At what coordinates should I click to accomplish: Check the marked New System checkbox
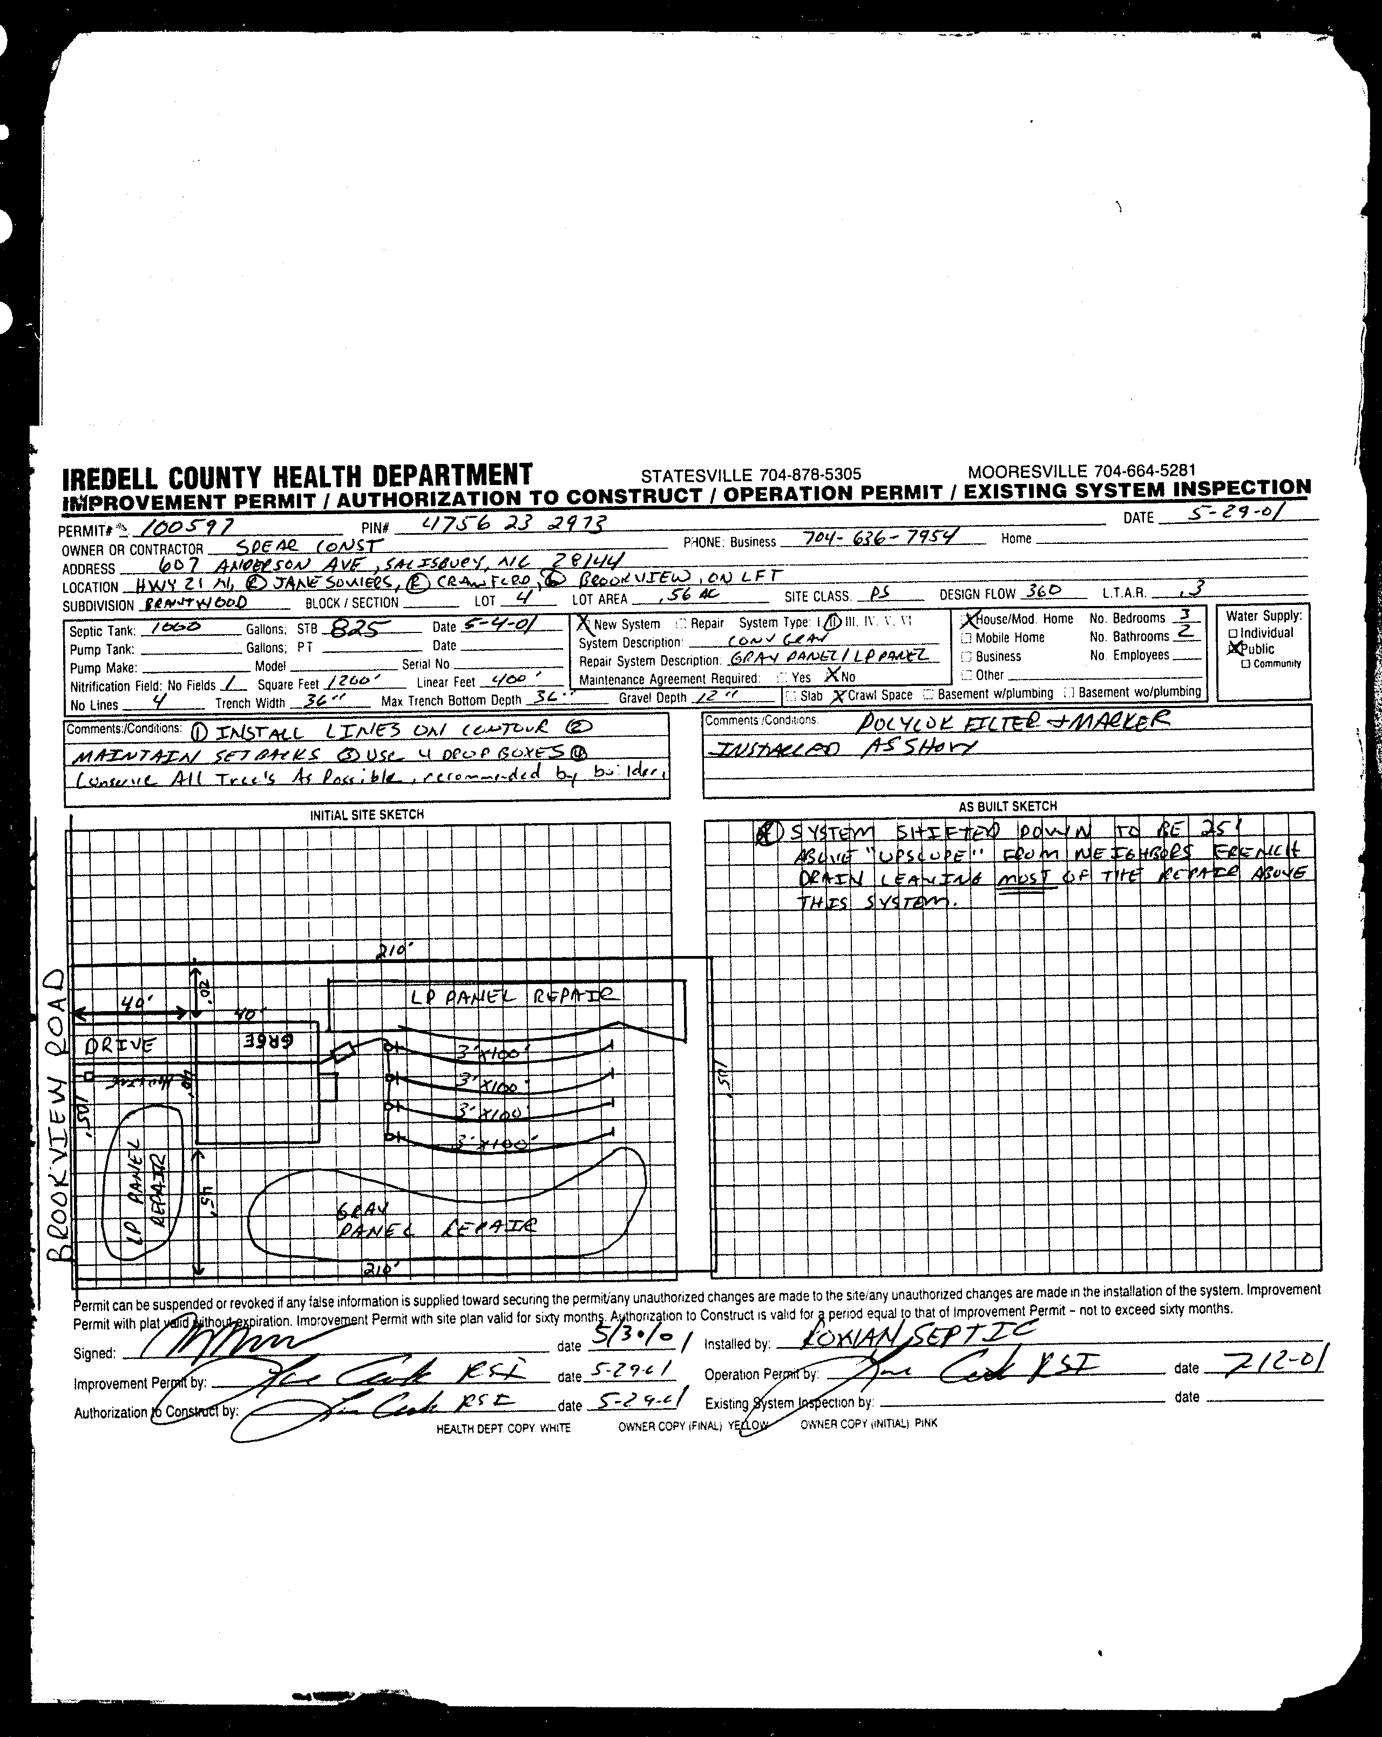coord(583,623)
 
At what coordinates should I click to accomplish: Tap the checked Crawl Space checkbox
coord(839,695)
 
